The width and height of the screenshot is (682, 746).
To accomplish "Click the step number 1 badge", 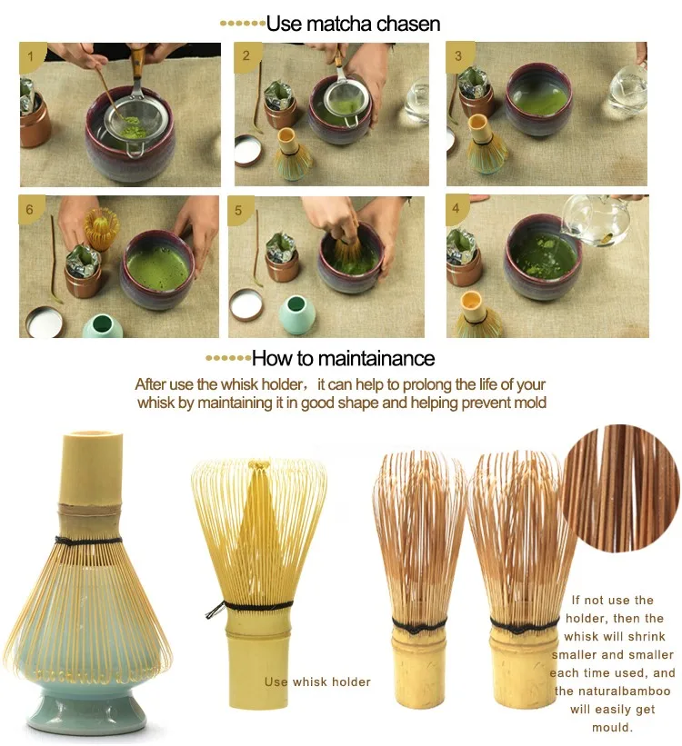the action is [31, 56].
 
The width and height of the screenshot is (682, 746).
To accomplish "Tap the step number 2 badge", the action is [246, 55].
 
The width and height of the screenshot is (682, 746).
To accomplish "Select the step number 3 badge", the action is [458, 55].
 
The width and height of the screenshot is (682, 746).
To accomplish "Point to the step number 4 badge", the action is [456, 208].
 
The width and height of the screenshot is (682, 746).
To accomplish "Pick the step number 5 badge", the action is [238, 210].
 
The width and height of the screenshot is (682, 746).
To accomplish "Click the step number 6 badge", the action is [30, 209].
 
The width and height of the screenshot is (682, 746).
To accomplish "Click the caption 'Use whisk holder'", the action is [317, 681].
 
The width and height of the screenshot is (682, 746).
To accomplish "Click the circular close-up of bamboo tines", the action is [621, 489].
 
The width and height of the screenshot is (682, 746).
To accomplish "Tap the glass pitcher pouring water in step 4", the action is [597, 220].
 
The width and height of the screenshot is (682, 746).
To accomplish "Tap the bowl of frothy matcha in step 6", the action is [157, 269].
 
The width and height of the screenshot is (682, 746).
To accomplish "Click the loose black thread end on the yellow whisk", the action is [214, 609].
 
